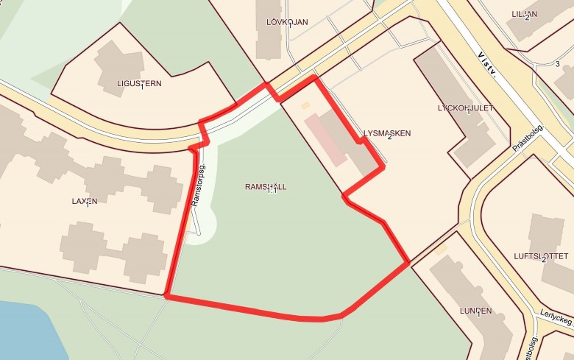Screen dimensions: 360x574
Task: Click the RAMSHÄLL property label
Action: (265, 187)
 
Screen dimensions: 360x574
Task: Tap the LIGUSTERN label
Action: (139, 83)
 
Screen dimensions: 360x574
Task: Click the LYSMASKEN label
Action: (386, 133)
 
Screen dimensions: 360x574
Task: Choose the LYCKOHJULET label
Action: (465, 107)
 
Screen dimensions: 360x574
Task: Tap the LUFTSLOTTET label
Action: (541, 255)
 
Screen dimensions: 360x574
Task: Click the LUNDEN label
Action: (475, 311)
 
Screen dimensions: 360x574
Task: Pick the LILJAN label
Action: (524, 14)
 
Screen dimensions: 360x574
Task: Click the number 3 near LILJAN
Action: (558, 64)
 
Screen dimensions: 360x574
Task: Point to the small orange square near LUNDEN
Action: (441, 250)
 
